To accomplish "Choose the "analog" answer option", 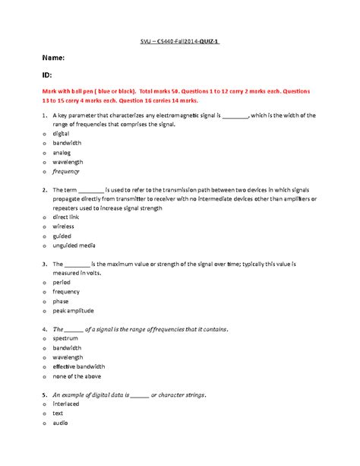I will tap(63, 152).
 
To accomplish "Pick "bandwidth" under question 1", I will tap(68, 143).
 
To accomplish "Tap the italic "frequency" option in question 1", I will tap(68, 171).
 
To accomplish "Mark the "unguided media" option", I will tap(74, 245).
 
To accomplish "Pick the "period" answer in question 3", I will tap(62, 282).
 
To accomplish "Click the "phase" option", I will tap(62, 301).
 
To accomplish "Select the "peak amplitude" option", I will tap(74, 310).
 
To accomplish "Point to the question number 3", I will tap(45, 264).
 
